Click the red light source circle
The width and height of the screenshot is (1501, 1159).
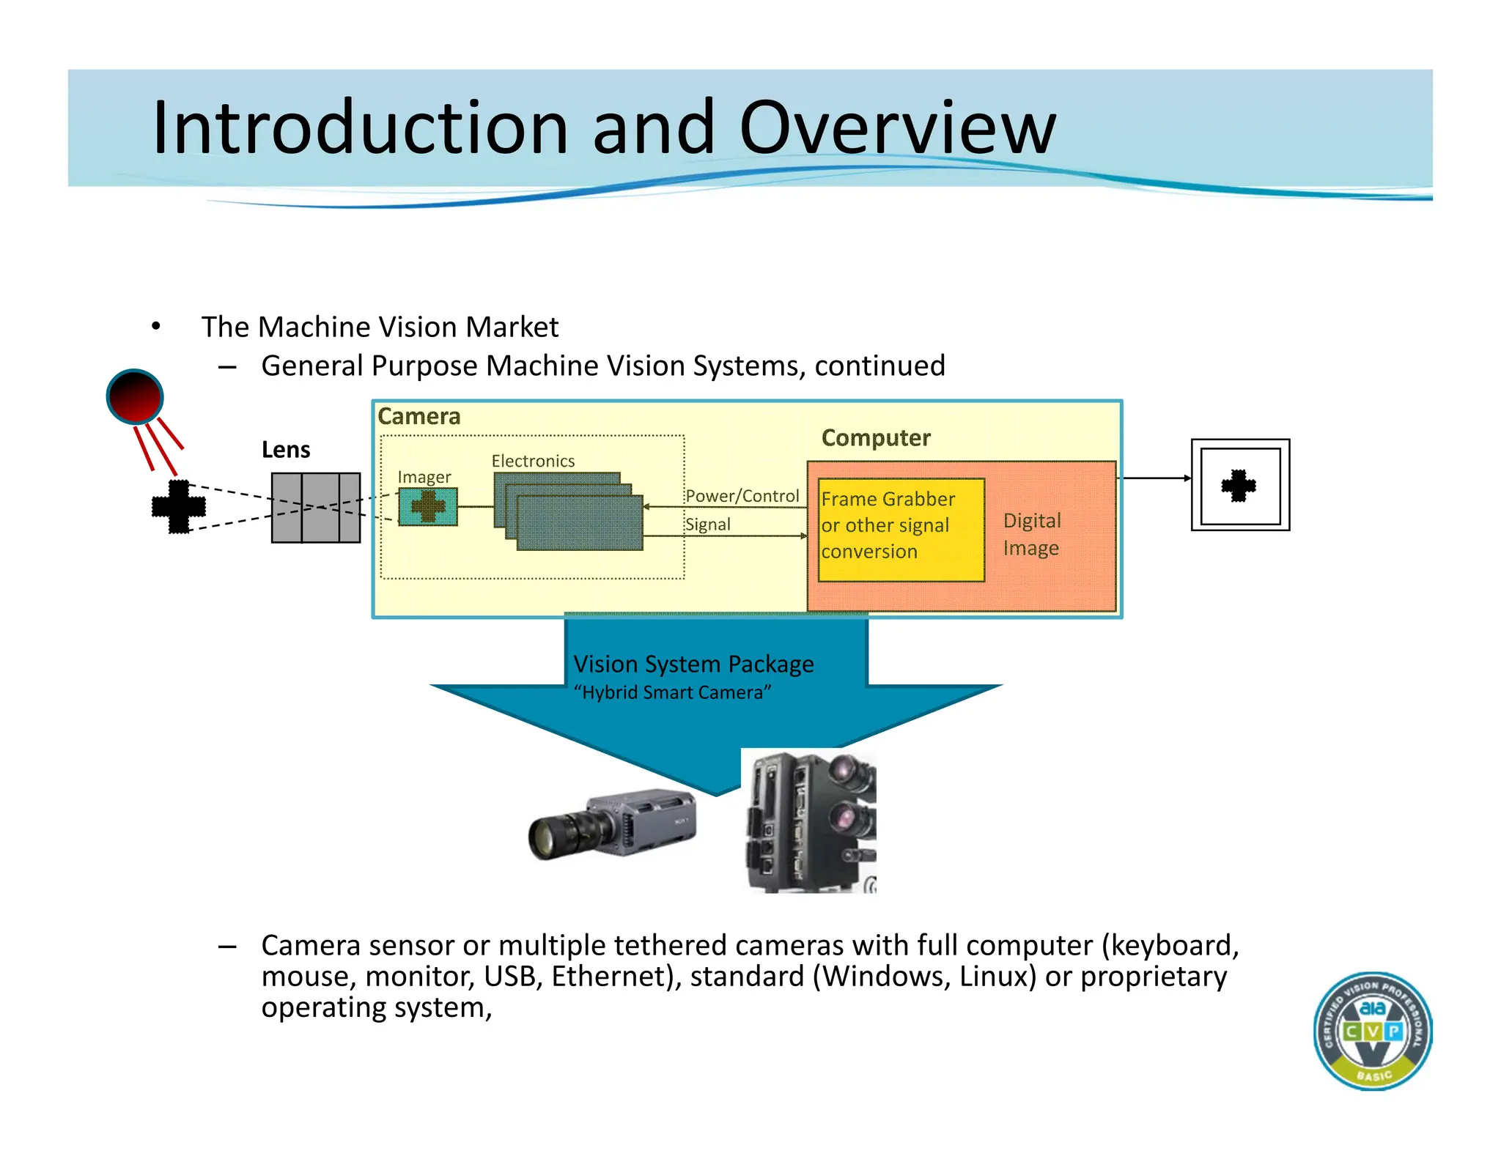tap(135, 396)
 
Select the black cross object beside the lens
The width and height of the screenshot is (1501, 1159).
tap(178, 506)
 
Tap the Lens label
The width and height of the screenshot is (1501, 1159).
tap(286, 449)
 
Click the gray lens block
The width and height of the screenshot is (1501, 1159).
tap(316, 508)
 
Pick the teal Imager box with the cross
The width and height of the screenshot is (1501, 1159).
tap(428, 507)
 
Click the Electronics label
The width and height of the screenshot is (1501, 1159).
tap(533, 461)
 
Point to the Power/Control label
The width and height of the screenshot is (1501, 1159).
tap(742, 496)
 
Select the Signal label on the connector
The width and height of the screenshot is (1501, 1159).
tap(708, 525)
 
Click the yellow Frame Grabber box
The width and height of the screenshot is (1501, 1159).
tap(901, 530)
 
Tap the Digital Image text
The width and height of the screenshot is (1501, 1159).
tap(1031, 534)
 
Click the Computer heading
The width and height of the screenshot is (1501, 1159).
tap(876, 437)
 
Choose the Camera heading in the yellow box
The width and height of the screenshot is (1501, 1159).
tap(419, 416)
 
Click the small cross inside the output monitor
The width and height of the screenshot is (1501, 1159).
tap(1239, 485)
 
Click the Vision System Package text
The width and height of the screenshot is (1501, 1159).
tap(693, 664)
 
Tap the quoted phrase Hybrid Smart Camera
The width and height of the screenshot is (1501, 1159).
tap(672, 692)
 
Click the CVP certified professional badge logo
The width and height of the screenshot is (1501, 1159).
tap(1372, 1031)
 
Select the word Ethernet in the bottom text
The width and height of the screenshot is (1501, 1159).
tap(605, 977)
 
